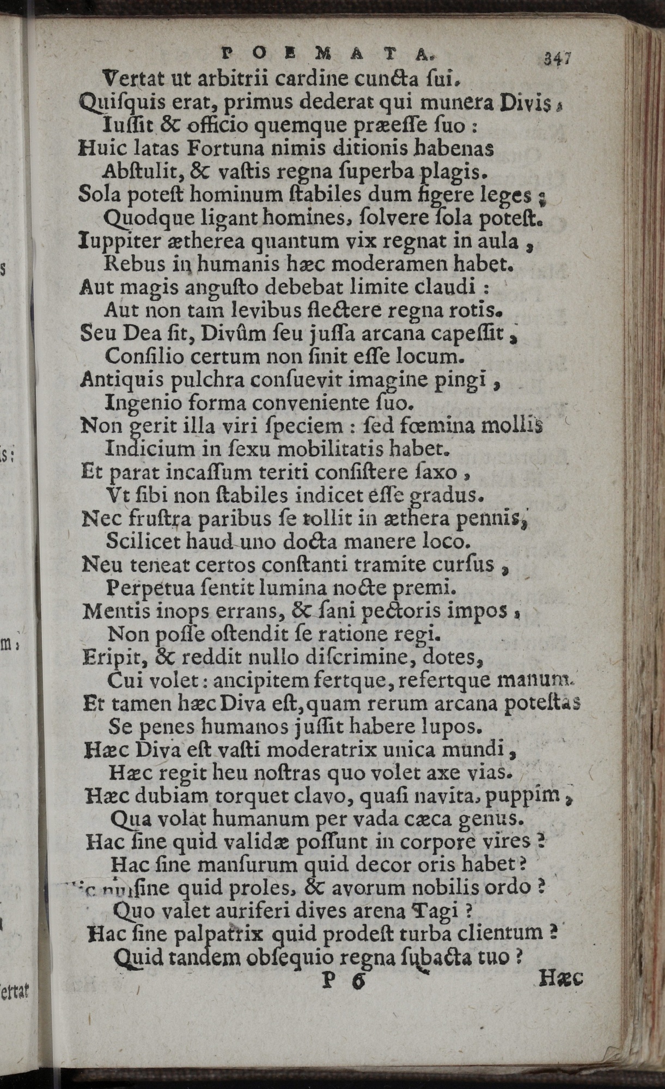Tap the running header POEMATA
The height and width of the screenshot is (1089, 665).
coord(328,54)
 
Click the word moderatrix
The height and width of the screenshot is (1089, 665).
coord(315,750)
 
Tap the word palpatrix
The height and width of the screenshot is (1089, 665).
coord(221,934)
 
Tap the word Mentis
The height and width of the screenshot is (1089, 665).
coord(112,611)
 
